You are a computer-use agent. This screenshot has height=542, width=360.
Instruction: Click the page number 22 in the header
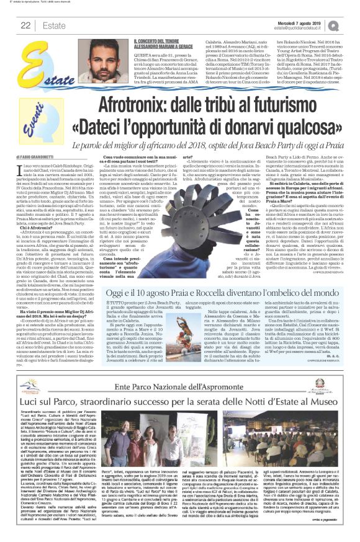26,25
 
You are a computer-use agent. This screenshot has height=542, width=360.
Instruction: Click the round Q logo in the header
351,25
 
